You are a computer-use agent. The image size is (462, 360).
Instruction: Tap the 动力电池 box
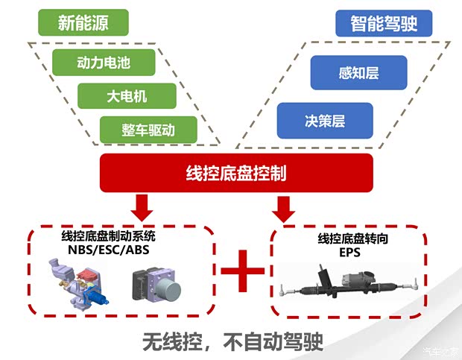point(104,63)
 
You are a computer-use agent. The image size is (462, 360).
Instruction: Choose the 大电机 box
point(126,95)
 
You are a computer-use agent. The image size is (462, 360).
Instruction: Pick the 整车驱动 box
point(148,128)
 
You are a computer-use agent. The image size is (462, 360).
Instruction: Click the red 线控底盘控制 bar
point(235,173)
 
